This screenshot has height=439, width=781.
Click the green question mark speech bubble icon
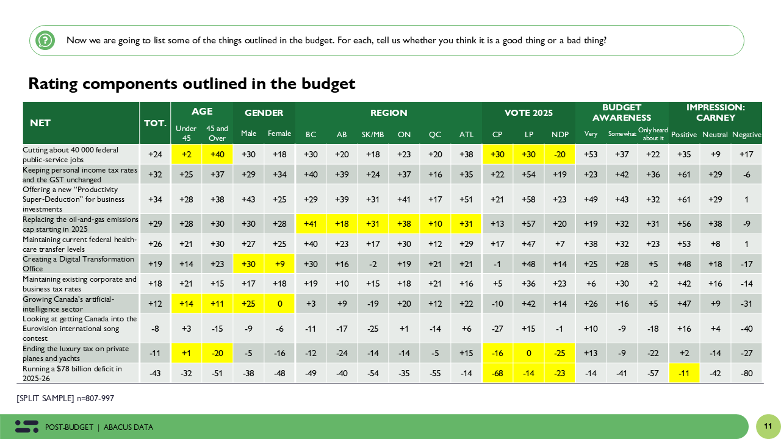point(45,40)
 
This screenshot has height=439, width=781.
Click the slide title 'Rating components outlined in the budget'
point(192,84)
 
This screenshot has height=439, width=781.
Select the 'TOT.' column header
point(155,123)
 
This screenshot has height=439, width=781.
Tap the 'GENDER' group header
point(264,113)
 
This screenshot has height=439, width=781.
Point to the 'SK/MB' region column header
point(372,134)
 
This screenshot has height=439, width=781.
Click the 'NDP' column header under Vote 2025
point(560,134)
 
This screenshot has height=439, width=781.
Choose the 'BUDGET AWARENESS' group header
point(622,113)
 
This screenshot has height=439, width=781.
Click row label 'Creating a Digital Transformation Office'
point(79,263)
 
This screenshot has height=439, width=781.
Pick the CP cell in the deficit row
point(497,373)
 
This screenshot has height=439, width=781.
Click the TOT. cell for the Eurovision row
point(155,329)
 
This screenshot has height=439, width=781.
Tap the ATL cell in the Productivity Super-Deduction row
point(466,199)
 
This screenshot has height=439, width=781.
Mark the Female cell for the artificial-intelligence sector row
point(279,304)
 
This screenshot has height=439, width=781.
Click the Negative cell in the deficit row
point(747,373)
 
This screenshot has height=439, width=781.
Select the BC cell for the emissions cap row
point(311,223)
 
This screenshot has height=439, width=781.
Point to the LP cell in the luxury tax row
point(528,353)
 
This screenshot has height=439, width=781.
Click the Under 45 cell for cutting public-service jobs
point(186,154)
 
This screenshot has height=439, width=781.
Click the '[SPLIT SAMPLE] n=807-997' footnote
point(65,398)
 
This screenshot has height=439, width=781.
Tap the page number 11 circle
point(768,426)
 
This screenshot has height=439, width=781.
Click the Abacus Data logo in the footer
point(27,427)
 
